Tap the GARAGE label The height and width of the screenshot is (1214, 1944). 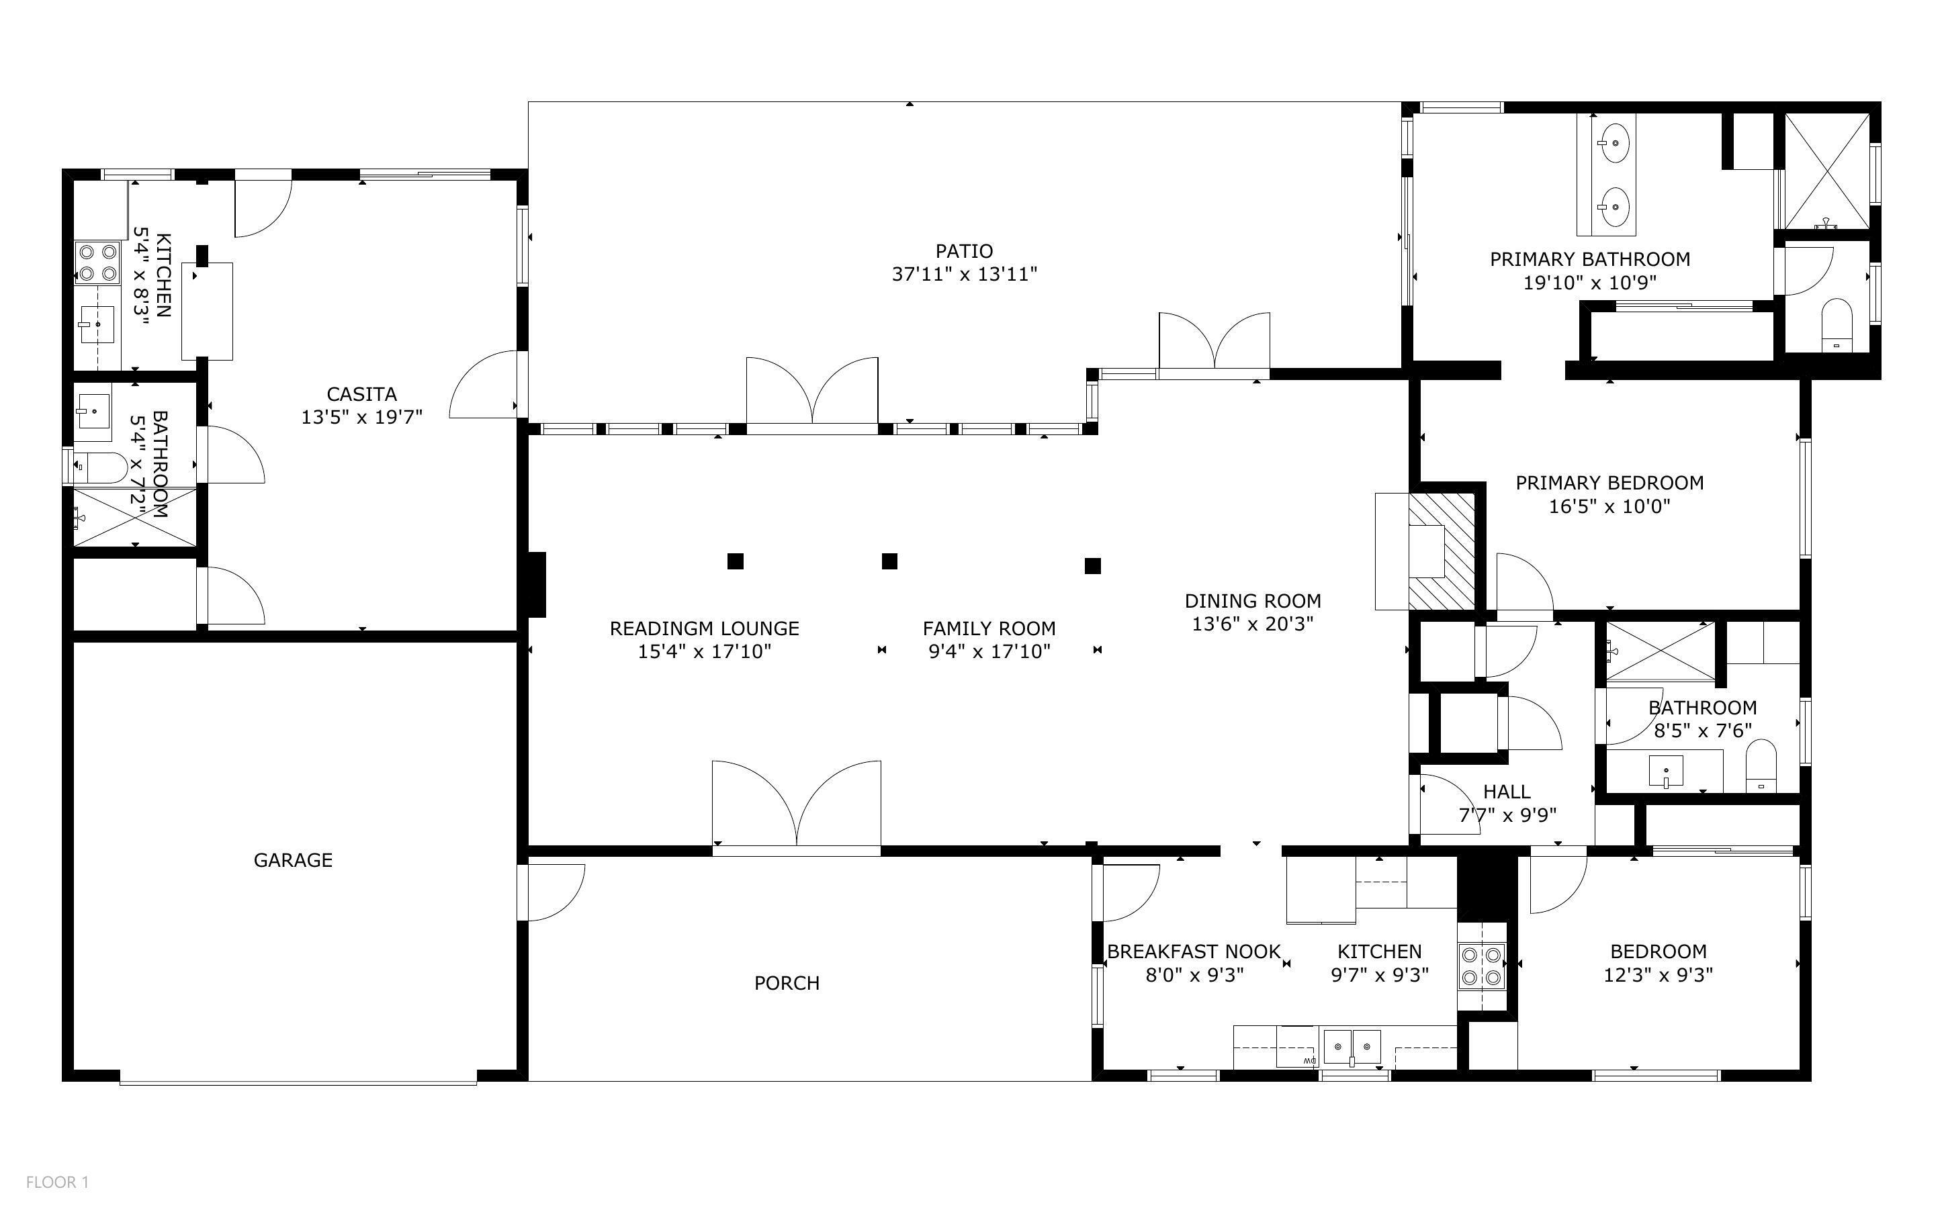pos(293,860)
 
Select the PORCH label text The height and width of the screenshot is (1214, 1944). pos(787,983)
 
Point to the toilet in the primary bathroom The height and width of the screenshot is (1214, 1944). pos(1836,324)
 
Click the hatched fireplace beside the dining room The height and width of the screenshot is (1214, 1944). pos(1442,551)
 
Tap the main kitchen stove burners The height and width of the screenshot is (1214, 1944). pos(1481,967)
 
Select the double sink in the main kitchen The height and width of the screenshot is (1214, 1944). pos(1352,1047)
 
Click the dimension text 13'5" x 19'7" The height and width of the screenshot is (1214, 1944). pos(361,418)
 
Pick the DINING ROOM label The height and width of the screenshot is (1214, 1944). pos(1253,600)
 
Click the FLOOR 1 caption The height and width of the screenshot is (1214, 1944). pos(57,1182)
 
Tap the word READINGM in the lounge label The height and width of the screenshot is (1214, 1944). pos(665,628)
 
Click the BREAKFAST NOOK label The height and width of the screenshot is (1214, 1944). pos(1194,951)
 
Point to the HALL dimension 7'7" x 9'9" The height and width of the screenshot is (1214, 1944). pos(1507,815)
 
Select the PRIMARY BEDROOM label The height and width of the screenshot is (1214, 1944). pos(1609,483)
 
